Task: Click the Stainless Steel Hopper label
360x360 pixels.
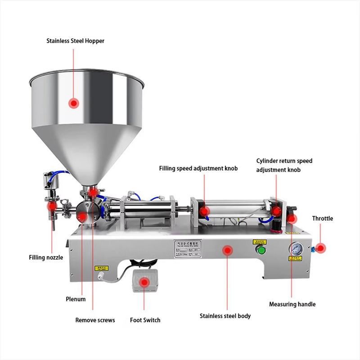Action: pos(76,41)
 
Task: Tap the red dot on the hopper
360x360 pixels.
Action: pos(73,103)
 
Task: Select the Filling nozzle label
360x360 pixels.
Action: pos(46,257)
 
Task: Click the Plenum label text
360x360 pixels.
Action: pos(76,299)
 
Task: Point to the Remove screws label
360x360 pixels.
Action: pos(95,320)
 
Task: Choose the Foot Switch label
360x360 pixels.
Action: pos(145,320)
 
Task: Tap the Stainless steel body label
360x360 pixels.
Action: pos(225,316)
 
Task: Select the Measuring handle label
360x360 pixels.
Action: pos(292,304)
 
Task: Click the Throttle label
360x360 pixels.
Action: pos(323,218)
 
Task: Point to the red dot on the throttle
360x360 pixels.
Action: pos(320,248)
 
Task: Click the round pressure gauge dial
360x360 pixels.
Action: pos(295,249)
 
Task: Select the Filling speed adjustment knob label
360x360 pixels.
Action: pos(198,169)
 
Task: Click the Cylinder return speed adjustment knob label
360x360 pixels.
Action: pos(284,165)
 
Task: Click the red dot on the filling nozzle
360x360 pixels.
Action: pos(52,207)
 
